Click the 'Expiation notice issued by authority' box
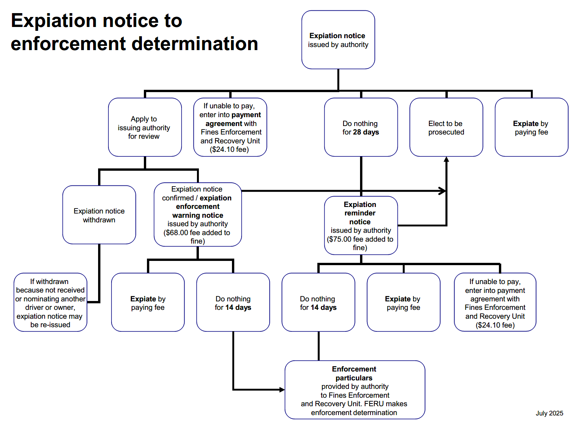click(x=338, y=40)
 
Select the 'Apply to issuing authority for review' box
click(x=145, y=127)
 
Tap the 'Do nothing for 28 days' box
click(x=361, y=127)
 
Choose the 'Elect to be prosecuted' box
click(x=446, y=127)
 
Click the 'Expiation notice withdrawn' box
click(x=99, y=215)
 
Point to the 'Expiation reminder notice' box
click(x=361, y=225)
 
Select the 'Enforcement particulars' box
click(x=355, y=390)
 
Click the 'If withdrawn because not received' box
click(x=50, y=302)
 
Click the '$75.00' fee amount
click(x=340, y=239)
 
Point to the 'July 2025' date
click(x=549, y=413)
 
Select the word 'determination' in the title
click(x=195, y=44)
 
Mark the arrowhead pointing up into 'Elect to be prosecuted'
click(x=446, y=159)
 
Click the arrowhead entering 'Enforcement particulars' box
click(x=282, y=390)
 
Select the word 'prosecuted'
click(x=446, y=132)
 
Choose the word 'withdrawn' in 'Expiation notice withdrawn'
click(x=99, y=220)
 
